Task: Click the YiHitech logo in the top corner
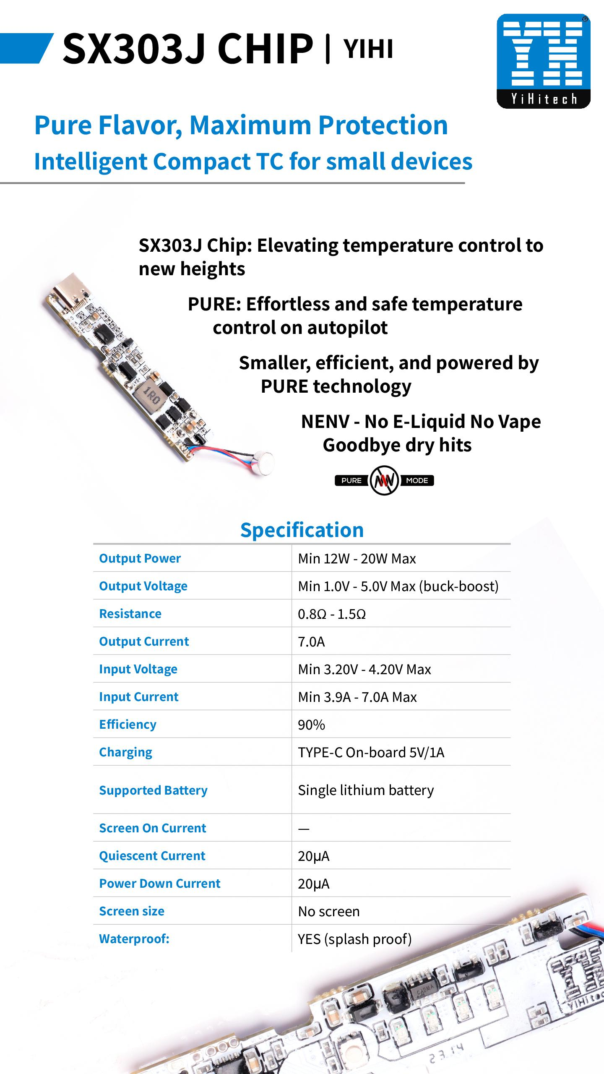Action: pos(543,61)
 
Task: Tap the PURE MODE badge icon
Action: pos(384,480)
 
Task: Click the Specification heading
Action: pos(302,530)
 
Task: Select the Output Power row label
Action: pos(140,558)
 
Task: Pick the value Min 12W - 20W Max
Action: pos(357,559)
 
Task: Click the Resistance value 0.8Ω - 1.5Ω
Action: pos(332,614)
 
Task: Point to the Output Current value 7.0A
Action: pos(311,642)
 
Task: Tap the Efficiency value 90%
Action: pos(311,725)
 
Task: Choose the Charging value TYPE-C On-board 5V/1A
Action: pos(371,753)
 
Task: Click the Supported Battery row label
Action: pos(153,790)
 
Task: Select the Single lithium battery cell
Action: pos(366,790)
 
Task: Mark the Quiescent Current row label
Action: pos(152,856)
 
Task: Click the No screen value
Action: pos(329,911)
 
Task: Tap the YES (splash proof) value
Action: pos(354,939)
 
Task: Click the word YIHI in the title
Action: pos(368,49)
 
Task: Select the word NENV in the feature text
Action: pos(325,422)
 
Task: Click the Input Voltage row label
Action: pos(138,669)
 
